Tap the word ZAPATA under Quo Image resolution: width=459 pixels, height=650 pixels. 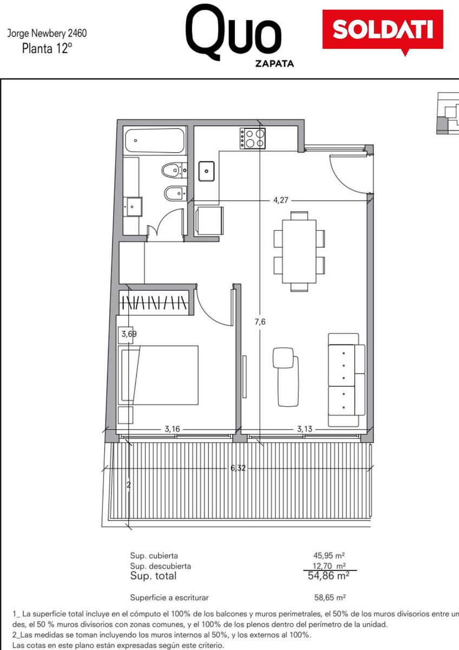point(274,63)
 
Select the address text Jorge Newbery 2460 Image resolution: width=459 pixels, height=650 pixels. point(47,33)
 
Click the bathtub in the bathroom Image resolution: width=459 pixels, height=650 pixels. point(155,141)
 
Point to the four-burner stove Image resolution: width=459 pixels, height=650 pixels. point(253,139)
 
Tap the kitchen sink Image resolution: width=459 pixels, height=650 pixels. point(206,171)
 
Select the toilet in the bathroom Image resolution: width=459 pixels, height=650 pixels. point(174,170)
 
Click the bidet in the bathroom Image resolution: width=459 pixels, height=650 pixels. point(175,193)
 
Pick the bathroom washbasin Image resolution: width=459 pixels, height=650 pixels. point(133,206)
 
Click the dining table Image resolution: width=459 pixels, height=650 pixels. point(299,251)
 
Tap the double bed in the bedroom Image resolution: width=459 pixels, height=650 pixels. point(158,375)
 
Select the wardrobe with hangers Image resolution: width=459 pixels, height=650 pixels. point(155,302)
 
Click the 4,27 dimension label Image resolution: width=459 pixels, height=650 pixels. point(281,200)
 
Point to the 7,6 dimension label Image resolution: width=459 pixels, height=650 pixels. point(260,322)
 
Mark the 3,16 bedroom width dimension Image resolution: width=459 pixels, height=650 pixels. point(172,428)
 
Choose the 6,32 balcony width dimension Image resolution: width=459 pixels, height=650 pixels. point(238,468)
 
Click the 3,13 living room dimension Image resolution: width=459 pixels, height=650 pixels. point(304,428)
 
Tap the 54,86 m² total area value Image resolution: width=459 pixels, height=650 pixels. point(329,575)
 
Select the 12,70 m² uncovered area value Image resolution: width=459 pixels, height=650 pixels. point(329,565)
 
